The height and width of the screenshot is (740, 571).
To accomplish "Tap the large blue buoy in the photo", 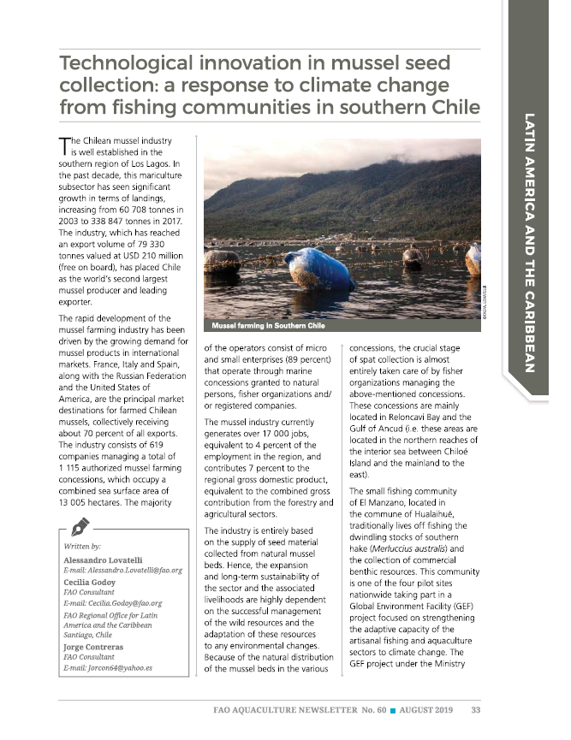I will (318, 268).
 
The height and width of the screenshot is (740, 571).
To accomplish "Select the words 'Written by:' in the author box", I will (82, 545).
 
